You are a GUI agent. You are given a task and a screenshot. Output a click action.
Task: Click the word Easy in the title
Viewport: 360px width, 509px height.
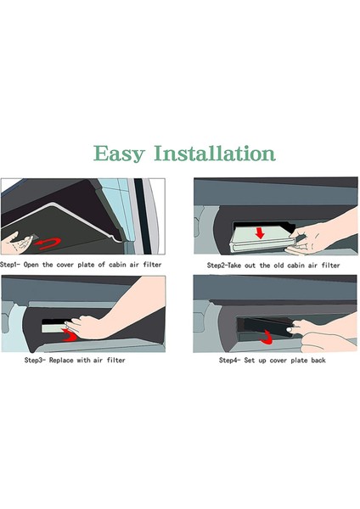[x=119, y=154]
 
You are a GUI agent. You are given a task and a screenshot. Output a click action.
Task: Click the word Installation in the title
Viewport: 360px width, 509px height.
[x=215, y=154]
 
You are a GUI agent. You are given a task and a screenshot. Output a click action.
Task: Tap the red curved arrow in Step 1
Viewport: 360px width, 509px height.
[x=48, y=243]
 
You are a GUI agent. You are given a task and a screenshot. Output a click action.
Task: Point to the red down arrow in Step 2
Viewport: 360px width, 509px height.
[x=260, y=232]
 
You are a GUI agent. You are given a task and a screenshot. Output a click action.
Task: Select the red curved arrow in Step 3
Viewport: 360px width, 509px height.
[x=70, y=335]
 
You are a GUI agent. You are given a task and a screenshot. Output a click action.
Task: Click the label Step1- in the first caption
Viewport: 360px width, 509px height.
[x=9, y=265]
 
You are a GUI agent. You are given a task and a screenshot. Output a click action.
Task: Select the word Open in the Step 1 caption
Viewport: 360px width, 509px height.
[x=31, y=265]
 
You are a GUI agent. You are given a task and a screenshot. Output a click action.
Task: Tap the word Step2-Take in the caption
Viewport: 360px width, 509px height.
[x=224, y=266]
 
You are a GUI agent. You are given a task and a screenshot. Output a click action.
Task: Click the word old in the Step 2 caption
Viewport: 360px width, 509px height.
[x=278, y=266]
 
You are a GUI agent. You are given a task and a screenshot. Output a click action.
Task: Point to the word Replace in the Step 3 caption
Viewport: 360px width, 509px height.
[x=61, y=360]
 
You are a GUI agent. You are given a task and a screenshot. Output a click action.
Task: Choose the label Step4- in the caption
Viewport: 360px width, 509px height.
[x=230, y=360]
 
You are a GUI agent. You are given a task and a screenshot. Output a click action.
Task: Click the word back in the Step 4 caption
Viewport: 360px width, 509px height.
[x=318, y=360]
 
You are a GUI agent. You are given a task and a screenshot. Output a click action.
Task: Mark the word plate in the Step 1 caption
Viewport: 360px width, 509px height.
[x=86, y=265]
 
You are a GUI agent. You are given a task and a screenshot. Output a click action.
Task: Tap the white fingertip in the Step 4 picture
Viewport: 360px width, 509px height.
[x=289, y=329]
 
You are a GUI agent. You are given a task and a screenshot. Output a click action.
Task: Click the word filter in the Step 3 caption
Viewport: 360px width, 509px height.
[x=116, y=360]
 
